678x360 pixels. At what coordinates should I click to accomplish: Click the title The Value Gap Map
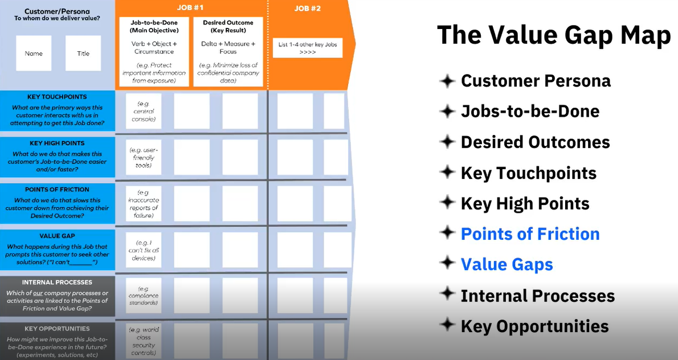[x=554, y=36]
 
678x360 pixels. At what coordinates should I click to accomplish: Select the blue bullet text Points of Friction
[x=530, y=234]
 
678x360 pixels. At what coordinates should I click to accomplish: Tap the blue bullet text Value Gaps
[x=507, y=265]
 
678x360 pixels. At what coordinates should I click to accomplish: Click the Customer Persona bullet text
[x=536, y=81]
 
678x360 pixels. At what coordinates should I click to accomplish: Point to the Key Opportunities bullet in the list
[x=534, y=326]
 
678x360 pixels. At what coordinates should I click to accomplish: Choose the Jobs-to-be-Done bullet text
[x=530, y=111]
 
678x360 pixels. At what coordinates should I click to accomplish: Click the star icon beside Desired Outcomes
[x=448, y=141]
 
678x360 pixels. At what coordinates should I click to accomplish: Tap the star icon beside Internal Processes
[x=448, y=295]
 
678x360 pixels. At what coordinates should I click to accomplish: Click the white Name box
[x=34, y=54]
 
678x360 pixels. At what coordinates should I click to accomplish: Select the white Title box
[x=83, y=54]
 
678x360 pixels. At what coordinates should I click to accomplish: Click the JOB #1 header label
[x=191, y=9]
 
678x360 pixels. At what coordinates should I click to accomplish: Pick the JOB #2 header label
[x=308, y=9]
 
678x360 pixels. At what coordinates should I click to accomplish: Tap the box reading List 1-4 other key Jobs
[x=308, y=48]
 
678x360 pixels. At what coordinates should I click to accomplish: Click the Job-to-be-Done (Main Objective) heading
[x=154, y=26]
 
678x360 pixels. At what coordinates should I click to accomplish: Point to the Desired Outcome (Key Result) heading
[x=228, y=26]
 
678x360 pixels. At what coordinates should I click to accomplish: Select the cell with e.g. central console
[x=144, y=111]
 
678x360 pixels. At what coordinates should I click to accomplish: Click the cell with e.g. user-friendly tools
[x=144, y=157]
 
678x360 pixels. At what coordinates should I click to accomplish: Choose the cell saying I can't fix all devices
[x=144, y=250]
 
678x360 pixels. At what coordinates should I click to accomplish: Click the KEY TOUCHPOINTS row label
[x=57, y=97]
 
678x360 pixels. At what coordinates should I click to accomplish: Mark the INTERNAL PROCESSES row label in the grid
[x=57, y=282]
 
